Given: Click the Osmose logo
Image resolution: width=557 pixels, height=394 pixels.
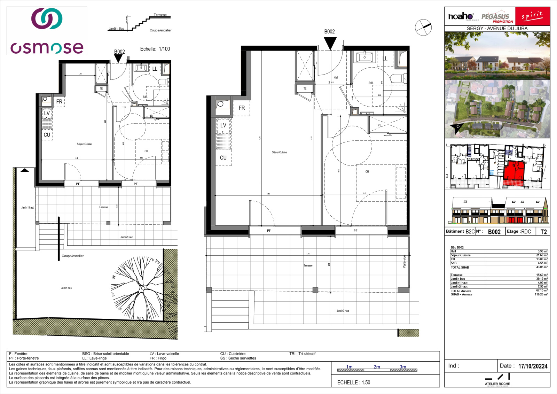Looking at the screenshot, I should (47, 31).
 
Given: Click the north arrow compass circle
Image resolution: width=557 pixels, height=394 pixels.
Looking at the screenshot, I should (423, 27).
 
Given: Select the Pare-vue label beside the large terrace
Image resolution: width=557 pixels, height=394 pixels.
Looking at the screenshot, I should (404, 262).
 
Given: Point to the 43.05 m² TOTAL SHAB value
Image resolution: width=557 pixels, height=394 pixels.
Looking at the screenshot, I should (542, 267).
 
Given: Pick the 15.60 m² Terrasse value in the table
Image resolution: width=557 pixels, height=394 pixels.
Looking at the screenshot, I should (542, 275).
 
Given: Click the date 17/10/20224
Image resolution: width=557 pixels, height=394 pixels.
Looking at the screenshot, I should (533, 366).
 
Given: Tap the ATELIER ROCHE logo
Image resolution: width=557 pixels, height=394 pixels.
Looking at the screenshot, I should (497, 379).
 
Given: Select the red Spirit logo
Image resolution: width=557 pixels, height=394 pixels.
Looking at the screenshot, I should (532, 16).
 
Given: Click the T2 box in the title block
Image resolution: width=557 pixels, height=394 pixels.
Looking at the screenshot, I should (543, 232).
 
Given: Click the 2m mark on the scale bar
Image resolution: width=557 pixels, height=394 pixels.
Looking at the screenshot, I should (377, 367).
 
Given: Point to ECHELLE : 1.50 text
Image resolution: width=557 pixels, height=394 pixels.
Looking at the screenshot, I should (354, 383).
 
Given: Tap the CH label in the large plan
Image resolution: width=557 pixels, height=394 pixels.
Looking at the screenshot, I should (367, 172).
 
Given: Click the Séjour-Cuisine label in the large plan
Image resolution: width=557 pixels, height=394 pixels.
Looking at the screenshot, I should (279, 152).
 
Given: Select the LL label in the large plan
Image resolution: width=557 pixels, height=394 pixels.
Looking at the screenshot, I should (385, 59).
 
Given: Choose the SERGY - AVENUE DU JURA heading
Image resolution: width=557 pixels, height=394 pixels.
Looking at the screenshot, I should (497, 28).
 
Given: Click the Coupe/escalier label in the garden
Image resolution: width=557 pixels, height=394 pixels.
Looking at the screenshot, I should (72, 256).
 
